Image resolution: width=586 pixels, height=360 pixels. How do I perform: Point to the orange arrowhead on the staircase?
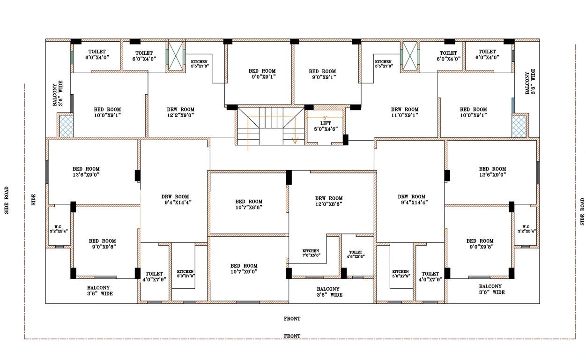[295, 140]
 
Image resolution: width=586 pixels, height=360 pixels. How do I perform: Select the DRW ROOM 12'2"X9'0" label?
[180, 112]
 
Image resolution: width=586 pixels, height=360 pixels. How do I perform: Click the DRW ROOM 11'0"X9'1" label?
[405, 112]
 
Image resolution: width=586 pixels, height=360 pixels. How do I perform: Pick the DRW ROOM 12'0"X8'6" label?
[329, 201]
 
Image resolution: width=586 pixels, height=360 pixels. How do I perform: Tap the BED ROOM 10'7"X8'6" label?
[249, 204]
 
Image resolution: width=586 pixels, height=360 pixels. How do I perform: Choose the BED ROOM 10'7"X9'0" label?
[244, 268]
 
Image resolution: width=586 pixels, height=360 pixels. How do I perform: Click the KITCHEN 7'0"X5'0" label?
[311, 253]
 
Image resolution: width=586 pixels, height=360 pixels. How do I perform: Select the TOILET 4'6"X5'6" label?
[356, 254]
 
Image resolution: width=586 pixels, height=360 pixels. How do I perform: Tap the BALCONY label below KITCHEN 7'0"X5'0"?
[329, 292]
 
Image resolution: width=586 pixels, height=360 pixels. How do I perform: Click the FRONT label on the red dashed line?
[292, 336]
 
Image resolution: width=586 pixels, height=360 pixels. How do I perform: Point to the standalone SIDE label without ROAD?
[34, 200]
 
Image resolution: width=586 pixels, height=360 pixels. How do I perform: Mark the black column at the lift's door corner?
[346, 140]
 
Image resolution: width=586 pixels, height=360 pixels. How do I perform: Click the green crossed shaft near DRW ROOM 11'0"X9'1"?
[410, 56]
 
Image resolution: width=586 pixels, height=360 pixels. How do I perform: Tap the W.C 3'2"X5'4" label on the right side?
[527, 229]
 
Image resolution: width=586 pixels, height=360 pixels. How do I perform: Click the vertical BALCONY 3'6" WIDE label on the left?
[58, 94]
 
